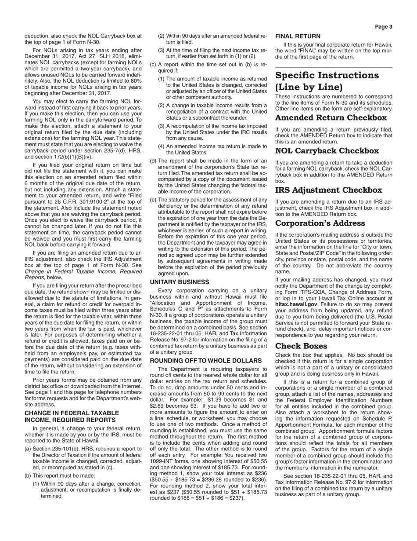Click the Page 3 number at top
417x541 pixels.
(383, 27)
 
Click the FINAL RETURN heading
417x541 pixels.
(298, 36)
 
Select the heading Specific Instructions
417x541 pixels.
(327, 75)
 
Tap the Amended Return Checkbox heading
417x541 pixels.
(331, 118)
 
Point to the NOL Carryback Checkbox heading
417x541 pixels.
(327, 151)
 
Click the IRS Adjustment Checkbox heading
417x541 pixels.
(328, 190)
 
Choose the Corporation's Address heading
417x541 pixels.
(320, 223)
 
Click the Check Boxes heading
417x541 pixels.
(301, 346)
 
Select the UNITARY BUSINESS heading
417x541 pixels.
(180, 282)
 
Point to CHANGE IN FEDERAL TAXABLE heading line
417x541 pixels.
(72, 413)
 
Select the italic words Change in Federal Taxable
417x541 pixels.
(83, 271)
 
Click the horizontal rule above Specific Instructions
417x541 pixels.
(334, 67)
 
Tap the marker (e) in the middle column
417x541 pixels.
(153, 200)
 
